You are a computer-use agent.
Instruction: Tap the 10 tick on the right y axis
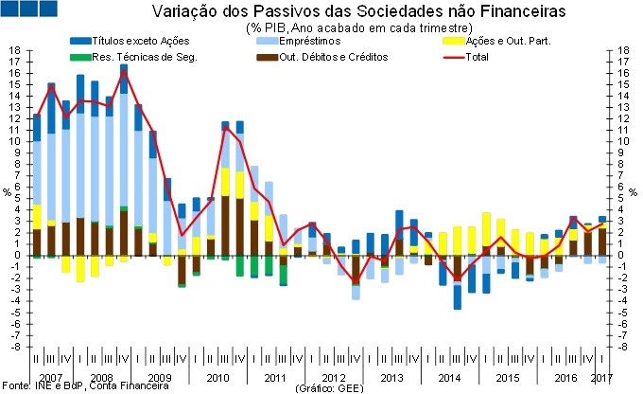coord(627,141)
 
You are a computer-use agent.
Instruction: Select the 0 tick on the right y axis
coord(625,255)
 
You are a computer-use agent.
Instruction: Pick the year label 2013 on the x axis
coord(391,378)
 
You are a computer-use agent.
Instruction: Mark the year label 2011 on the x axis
coord(276,378)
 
